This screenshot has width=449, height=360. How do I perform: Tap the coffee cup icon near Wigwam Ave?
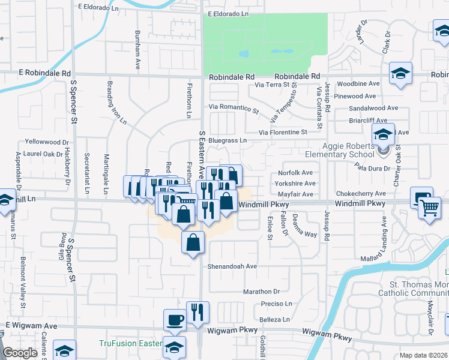tap(175, 319)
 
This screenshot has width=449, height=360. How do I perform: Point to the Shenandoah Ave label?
tap(232, 266)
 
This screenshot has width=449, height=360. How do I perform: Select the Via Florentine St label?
tap(283, 131)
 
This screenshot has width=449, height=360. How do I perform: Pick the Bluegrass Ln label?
tap(228, 140)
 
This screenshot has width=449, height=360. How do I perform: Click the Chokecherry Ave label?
tap(361, 194)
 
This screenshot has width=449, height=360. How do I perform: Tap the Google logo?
tap(20, 353)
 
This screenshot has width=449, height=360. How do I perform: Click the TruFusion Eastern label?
tap(130, 344)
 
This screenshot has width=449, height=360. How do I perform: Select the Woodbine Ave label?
tap(358, 84)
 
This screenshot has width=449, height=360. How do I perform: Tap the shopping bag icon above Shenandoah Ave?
tap(193, 243)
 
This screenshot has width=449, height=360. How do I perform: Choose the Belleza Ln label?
tap(274, 320)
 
